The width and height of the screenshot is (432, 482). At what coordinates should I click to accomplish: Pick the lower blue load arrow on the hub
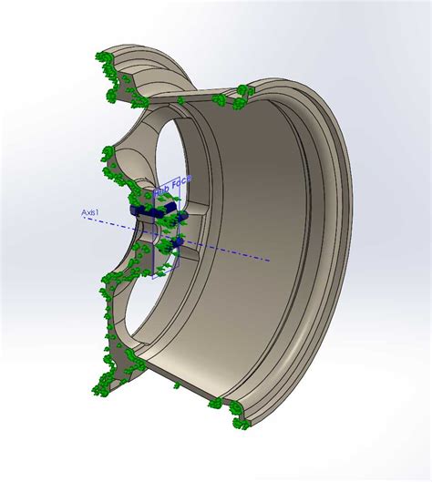(x=177, y=242)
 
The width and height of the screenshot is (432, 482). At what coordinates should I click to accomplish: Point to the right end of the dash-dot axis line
(x=269, y=260)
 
